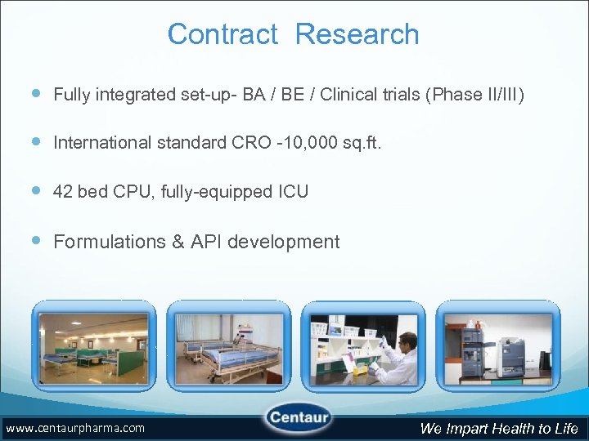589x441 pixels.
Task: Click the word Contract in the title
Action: coord(223,34)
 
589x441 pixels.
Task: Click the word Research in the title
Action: coord(357,34)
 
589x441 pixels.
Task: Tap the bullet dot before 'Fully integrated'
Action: coord(38,94)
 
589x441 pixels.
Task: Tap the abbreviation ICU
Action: coord(292,192)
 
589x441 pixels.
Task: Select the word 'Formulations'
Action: coord(107,242)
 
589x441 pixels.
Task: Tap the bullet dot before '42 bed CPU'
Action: coord(38,192)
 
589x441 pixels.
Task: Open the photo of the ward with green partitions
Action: coord(93,344)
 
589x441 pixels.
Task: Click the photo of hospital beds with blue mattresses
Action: coord(228,344)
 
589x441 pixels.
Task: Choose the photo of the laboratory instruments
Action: coord(497,344)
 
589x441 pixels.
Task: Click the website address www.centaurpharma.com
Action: coord(74,428)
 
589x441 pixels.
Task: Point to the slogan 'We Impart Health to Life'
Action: coord(499,429)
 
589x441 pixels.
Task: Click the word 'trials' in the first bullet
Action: coord(399,95)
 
